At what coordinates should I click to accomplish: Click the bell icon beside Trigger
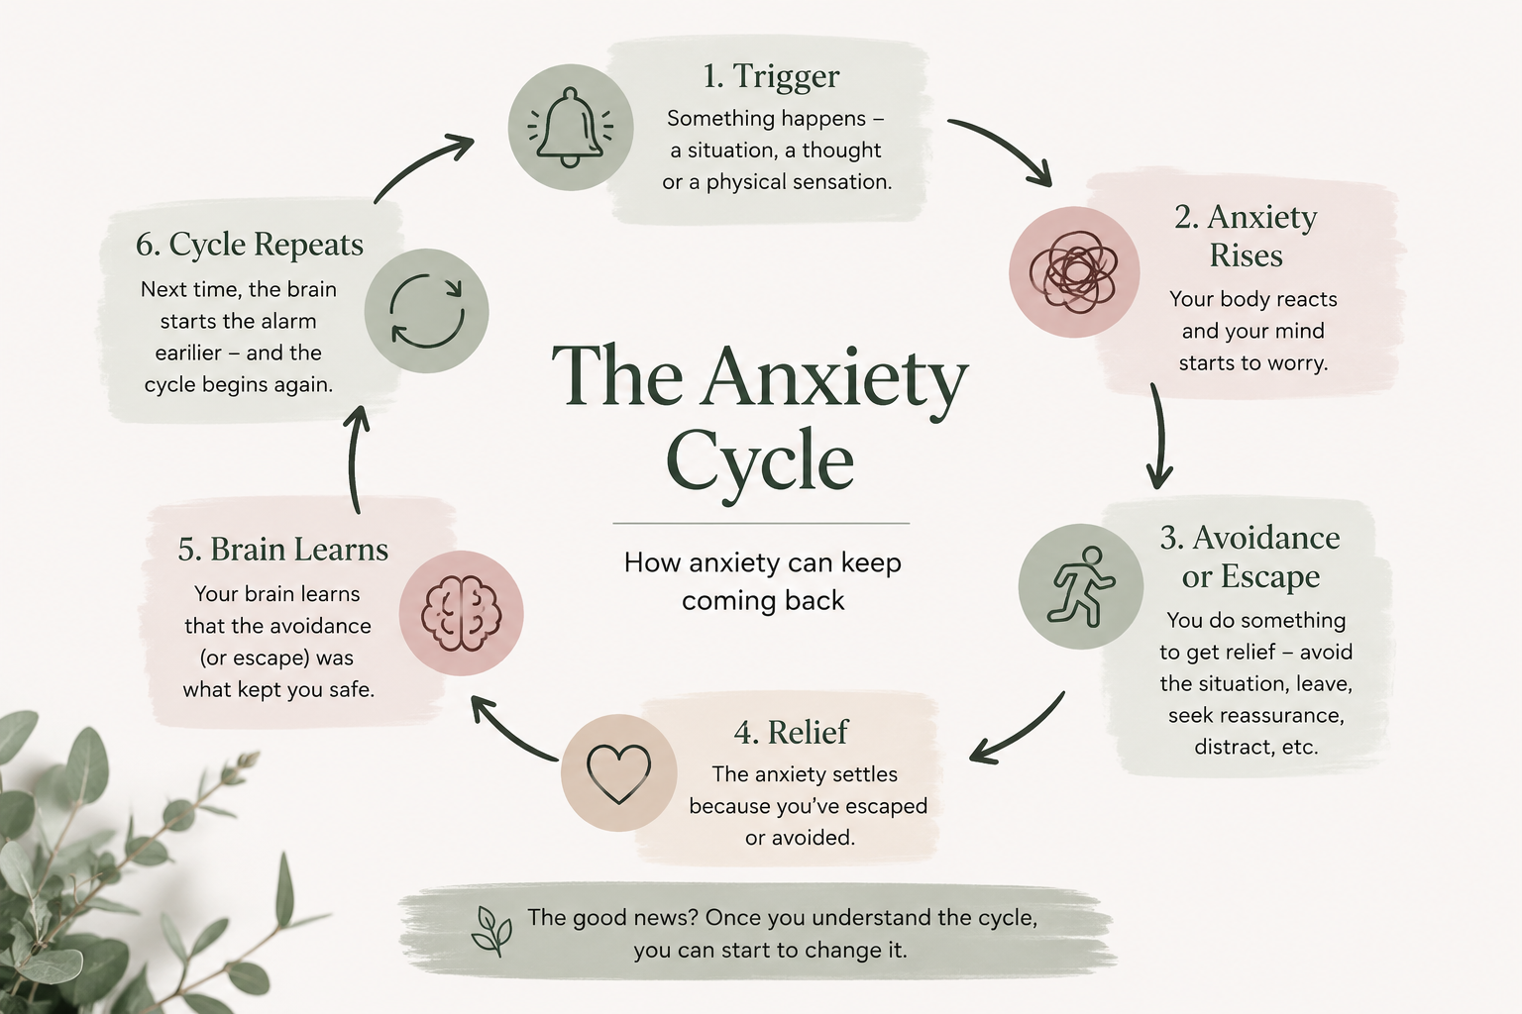pyautogui.click(x=571, y=127)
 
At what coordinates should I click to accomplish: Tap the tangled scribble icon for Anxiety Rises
pyautogui.click(x=1073, y=271)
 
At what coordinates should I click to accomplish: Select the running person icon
pyautogui.click(x=1082, y=586)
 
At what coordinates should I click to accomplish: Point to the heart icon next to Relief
pyautogui.click(x=618, y=773)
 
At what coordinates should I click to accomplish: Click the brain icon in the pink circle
pyautogui.click(x=461, y=613)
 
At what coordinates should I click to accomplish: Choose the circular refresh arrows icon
pyautogui.click(x=427, y=311)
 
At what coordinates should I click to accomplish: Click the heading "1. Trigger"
pyautogui.click(x=771, y=76)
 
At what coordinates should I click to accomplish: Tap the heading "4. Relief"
pyautogui.click(x=791, y=732)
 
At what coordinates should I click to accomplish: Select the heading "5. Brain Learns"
pyautogui.click(x=282, y=549)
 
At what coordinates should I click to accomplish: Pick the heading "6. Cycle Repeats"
pyautogui.click(x=250, y=245)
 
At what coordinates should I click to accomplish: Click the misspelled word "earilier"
pyautogui.click(x=188, y=354)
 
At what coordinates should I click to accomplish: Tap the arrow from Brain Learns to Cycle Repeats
pyautogui.click(x=354, y=457)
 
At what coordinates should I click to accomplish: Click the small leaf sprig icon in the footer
pyautogui.click(x=491, y=931)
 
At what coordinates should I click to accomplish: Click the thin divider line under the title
pyautogui.click(x=761, y=524)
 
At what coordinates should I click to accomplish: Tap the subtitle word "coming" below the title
pyautogui.click(x=726, y=602)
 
